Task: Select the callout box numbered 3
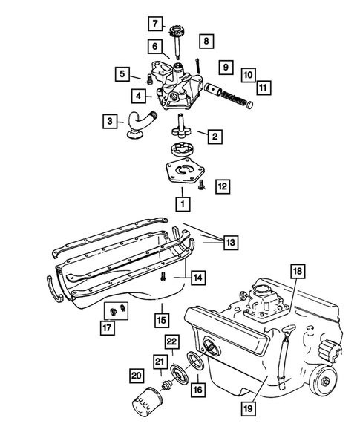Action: pyautogui.click(x=111, y=121)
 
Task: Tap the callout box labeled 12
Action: pyautogui.click(x=223, y=187)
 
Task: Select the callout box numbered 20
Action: pyautogui.click(x=136, y=376)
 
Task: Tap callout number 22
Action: pyautogui.click(x=171, y=341)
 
